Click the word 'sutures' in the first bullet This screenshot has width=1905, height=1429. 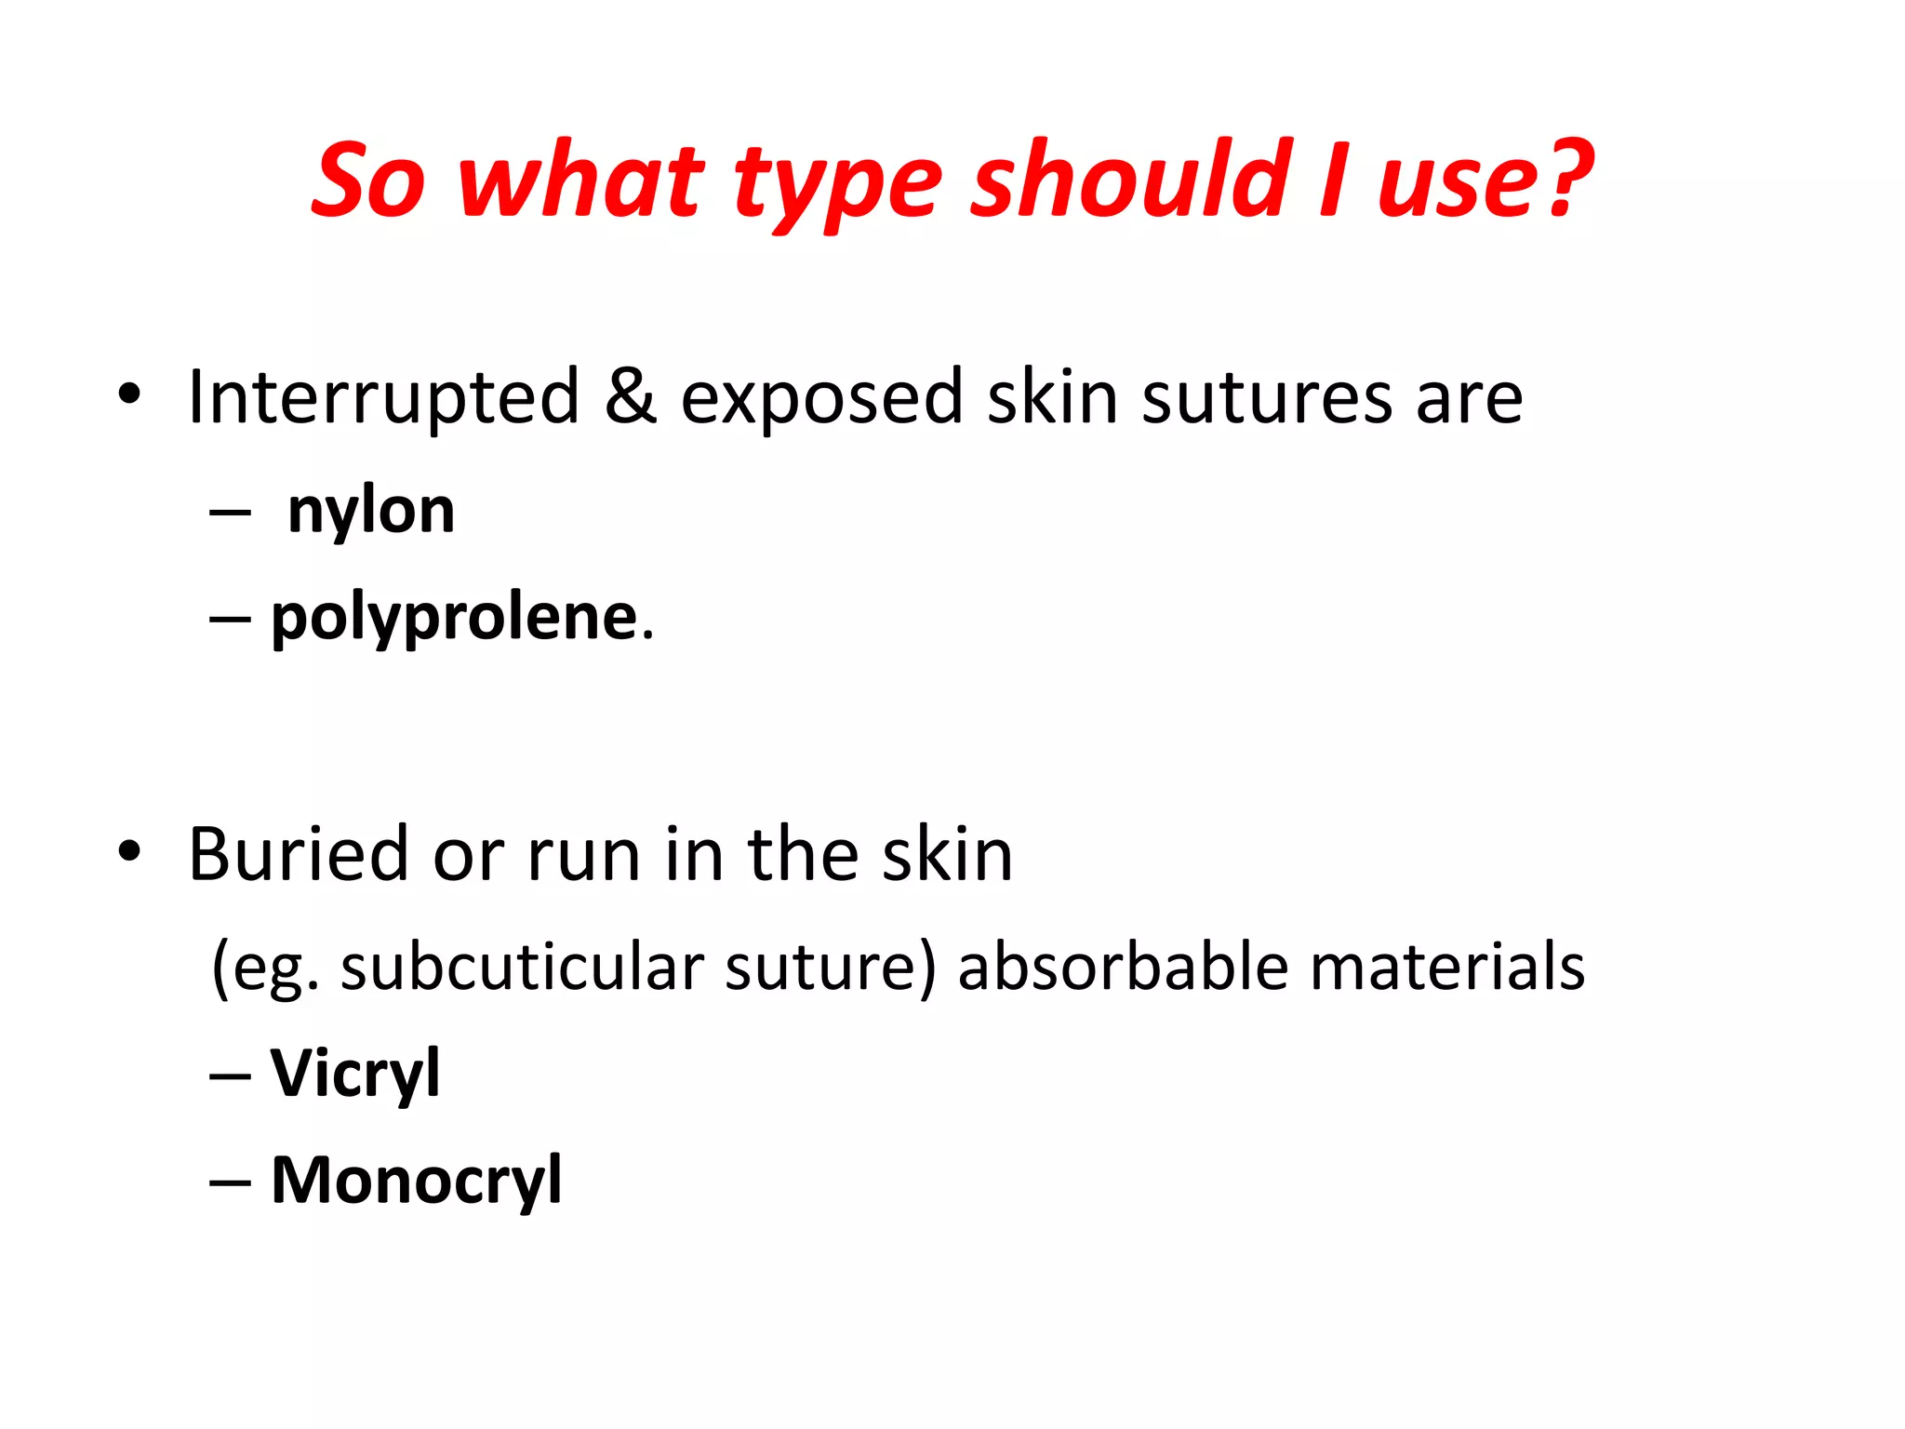point(1266,398)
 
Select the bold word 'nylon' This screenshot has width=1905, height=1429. point(371,511)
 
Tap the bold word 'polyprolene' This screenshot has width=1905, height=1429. point(454,618)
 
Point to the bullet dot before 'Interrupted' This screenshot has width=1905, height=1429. point(129,394)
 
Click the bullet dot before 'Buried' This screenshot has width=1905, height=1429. point(129,850)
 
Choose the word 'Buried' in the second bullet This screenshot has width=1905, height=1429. point(298,854)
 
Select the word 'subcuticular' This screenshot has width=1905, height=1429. point(522,968)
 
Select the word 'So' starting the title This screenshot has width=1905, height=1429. point(368,180)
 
